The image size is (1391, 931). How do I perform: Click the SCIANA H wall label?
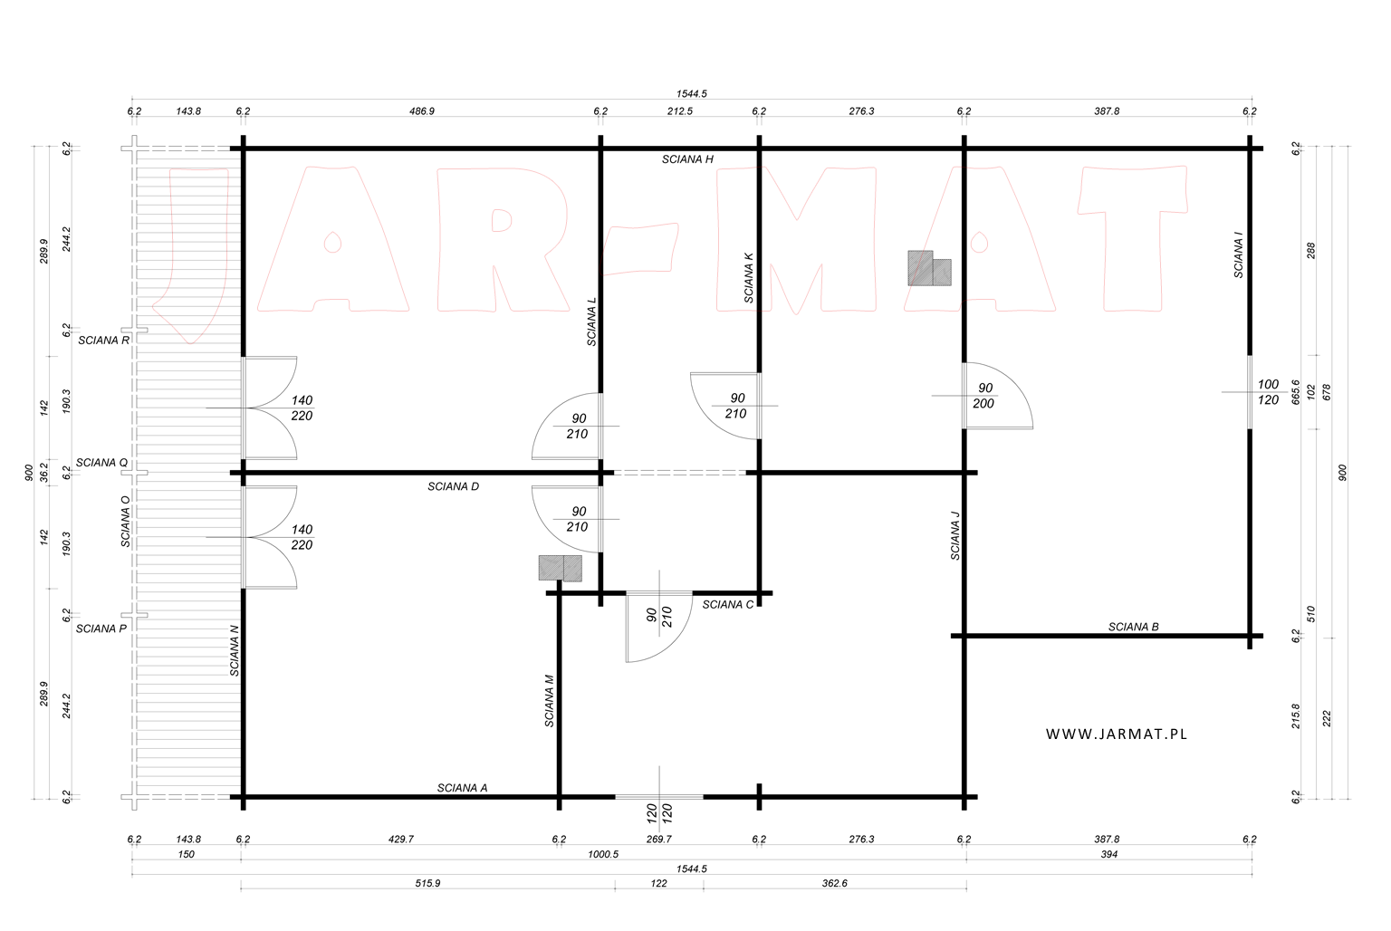(687, 159)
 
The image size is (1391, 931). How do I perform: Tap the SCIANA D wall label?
(454, 487)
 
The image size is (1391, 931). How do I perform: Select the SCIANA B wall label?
(1133, 628)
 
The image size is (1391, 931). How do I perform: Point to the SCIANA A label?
(462, 788)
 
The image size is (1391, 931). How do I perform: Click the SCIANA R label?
(104, 341)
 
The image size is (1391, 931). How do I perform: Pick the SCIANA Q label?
(101, 463)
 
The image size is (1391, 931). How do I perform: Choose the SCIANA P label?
(101, 629)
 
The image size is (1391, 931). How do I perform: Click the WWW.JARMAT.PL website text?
(1117, 734)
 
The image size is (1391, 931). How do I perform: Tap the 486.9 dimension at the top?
(422, 111)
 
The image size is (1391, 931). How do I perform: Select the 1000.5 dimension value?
(603, 855)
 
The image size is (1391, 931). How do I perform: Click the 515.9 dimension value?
(427, 883)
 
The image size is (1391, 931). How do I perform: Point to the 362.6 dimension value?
(834, 883)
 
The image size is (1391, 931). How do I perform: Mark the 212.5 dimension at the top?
(679, 111)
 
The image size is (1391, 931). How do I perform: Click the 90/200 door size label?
(984, 396)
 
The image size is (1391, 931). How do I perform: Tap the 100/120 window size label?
(1268, 392)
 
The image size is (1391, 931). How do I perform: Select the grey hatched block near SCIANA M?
(561, 568)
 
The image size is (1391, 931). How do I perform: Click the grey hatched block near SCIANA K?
(929, 268)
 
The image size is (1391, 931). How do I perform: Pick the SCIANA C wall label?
(728, 605)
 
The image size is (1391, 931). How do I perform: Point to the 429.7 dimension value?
(400, 840)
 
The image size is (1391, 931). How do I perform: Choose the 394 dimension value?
(1108, 855)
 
